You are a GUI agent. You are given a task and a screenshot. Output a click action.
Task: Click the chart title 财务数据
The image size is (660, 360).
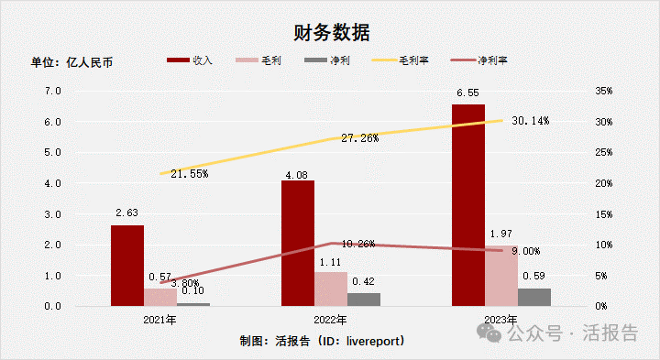[x=331, y=33]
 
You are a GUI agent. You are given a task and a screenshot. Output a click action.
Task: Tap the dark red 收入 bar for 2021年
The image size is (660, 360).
[x=126, y=265]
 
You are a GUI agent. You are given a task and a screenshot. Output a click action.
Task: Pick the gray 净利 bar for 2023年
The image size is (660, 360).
[x=534, y=297]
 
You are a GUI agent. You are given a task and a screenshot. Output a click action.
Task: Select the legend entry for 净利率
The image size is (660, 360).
[x=482, y=60]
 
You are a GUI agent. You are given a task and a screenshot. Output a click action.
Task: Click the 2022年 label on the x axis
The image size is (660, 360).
[x=331, y=320]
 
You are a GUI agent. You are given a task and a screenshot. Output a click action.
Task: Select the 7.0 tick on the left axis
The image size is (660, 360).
[x=53, y=92]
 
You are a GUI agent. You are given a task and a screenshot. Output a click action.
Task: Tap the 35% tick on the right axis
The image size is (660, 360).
[x=602, y=92]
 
